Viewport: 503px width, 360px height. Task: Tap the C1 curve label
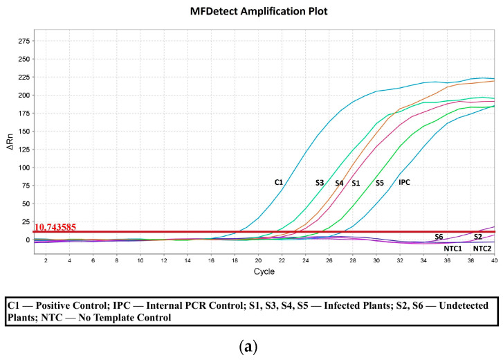(x=279, y=182)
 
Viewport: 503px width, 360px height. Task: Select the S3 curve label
(x=320, y=183)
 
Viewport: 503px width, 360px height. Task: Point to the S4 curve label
(x=339, y=183)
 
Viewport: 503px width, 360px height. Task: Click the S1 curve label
(x=356, y=183)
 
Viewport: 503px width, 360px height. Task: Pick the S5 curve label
(x=380, y=183)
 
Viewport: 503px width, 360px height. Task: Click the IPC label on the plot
(x=405, y=182)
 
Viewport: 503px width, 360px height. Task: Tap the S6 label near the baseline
(x=439, y=237)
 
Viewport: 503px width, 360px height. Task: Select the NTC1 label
(x=452, y=248)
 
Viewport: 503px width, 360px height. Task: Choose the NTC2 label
(x=482, y=248)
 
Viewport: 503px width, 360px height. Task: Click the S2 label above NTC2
(x=478, y=237)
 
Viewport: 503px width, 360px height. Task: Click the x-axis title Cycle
(x=264, y=271)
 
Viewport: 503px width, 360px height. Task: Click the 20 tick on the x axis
(x=258, y=260)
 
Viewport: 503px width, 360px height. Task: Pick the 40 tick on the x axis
(x=494, y=260)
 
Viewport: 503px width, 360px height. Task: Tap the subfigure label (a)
(x=251, y=347)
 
